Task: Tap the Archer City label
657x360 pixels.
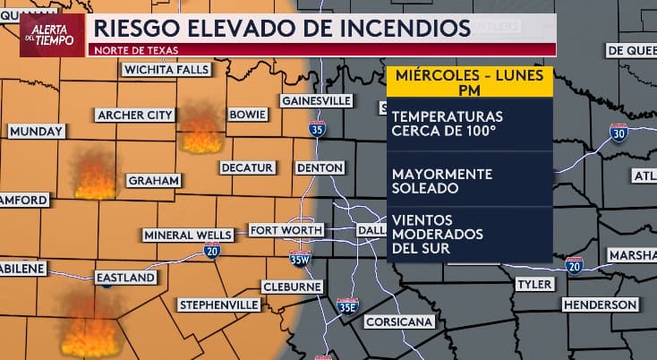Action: [x=134, y=115]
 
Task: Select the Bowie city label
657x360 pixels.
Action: [x=246, y=116]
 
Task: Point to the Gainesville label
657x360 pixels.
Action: [x=316, y=100]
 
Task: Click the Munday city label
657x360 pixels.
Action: [x=36, y=132]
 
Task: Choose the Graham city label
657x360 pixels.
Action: [x=148, y=180]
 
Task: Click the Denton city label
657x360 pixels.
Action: [x=319, y=167]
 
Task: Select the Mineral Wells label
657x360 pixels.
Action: [x=188, y=235]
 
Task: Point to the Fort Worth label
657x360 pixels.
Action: [x=286, y=230]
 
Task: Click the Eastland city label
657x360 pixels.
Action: [x=126, y=278]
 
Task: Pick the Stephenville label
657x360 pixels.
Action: [x=219, y=305]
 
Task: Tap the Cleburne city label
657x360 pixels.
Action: [x=291, y=287]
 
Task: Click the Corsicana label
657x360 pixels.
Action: [x=399, y=321]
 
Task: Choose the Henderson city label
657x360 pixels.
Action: [x=600, y=305]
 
